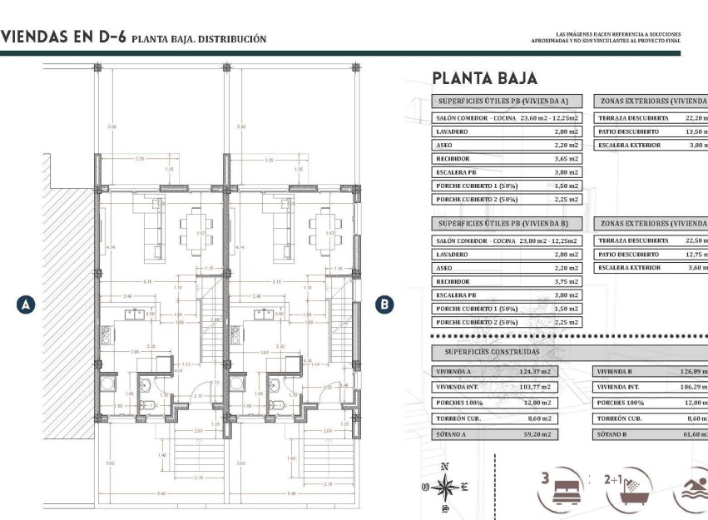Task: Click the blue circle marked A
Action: click(26, 305)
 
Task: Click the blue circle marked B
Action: click(384, 305)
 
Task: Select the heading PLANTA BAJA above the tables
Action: click(484, 78)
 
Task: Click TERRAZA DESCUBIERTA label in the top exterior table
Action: click(633, 118)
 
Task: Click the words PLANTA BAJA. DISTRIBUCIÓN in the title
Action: click(199, 38)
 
